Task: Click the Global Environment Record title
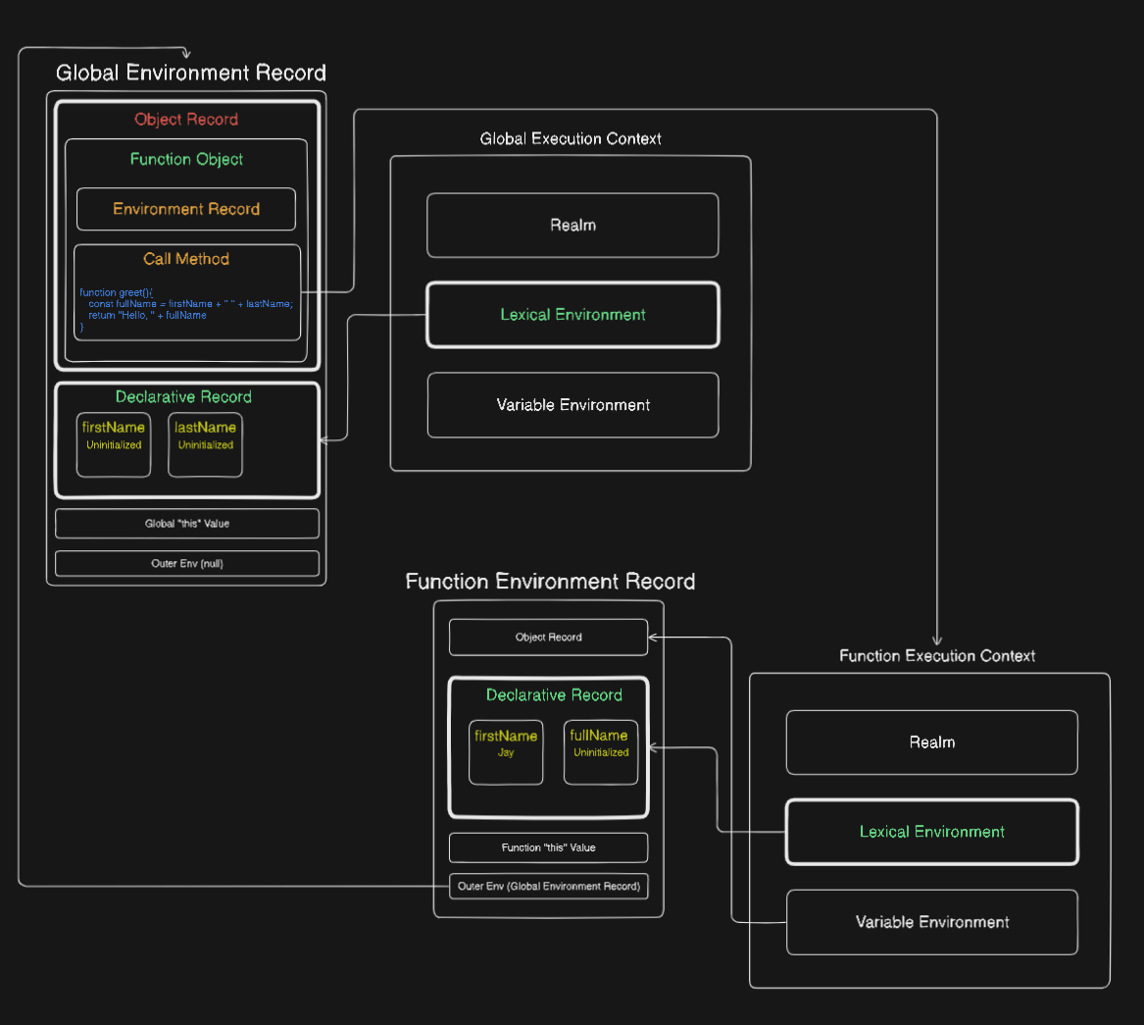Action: [191, 73]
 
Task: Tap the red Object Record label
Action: [186, 119]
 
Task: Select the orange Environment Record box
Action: [186, 209]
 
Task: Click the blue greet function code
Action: [186, 310]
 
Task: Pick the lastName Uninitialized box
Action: [205, 444]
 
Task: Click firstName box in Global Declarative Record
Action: [114, 444]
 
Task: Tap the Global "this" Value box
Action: [187, 524]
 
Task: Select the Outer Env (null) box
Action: [187, 564]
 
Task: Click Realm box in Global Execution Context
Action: [572, 225]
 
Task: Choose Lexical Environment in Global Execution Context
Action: [572, 315]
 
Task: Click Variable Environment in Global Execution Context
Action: [572, 405]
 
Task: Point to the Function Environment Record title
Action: [550, 581]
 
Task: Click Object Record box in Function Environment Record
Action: [549, 638]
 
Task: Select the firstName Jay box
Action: [506, 752]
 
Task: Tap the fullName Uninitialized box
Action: [601, 752]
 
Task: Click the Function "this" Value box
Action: [549, 847]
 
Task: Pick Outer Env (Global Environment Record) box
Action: [549, 887]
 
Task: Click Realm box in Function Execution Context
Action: [931, 743]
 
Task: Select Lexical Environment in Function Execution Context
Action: [931, 832]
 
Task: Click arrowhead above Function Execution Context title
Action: [937, 641]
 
